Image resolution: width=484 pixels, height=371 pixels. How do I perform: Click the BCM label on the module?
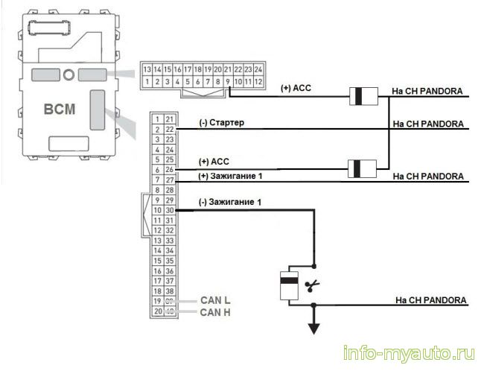(x=60, y=109)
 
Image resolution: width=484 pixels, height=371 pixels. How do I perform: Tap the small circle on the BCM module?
(x=69, y=74)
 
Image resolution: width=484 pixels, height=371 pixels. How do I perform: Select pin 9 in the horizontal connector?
(x=228, y=81)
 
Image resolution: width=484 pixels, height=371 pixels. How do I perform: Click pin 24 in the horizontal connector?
(x=258, y=69)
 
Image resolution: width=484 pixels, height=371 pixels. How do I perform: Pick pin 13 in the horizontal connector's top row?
(x=147, y=69)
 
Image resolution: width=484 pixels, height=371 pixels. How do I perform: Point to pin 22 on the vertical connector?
(x=170, y=130)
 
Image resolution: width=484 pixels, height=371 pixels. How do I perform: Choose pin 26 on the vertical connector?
(x=170, y=170)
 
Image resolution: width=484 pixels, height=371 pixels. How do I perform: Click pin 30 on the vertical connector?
(x=170, y=210)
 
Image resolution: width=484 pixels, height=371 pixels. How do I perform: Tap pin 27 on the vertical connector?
(x=170, y=180)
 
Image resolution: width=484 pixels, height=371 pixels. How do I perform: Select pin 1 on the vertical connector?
(x=157, y=119)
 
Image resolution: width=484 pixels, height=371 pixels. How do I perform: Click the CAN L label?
(x=215, y=300)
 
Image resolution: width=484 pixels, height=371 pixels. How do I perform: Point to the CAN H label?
(x=215, y=312)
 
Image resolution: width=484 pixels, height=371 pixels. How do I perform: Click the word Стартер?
(x=226, y=123)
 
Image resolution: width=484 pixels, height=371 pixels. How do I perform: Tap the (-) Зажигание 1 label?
(x=230, y=202)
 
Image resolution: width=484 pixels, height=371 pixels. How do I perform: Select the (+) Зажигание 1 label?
(x=230, y=176)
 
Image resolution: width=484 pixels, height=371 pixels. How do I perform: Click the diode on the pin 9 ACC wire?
(x=363, y=96)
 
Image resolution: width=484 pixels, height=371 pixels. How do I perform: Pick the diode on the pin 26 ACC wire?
(x=362, y=168)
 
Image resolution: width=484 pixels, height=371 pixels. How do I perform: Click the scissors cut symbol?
(x=312, y=286)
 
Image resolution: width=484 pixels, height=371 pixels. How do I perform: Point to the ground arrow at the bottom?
(x=314, y=329)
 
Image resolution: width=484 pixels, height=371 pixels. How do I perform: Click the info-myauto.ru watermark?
(x=409, y=353)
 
